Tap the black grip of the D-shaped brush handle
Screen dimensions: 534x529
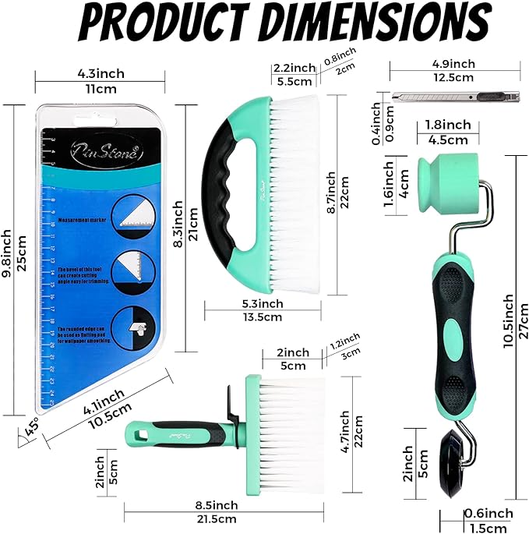[221, 188]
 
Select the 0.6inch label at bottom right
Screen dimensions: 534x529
[488, 513]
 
